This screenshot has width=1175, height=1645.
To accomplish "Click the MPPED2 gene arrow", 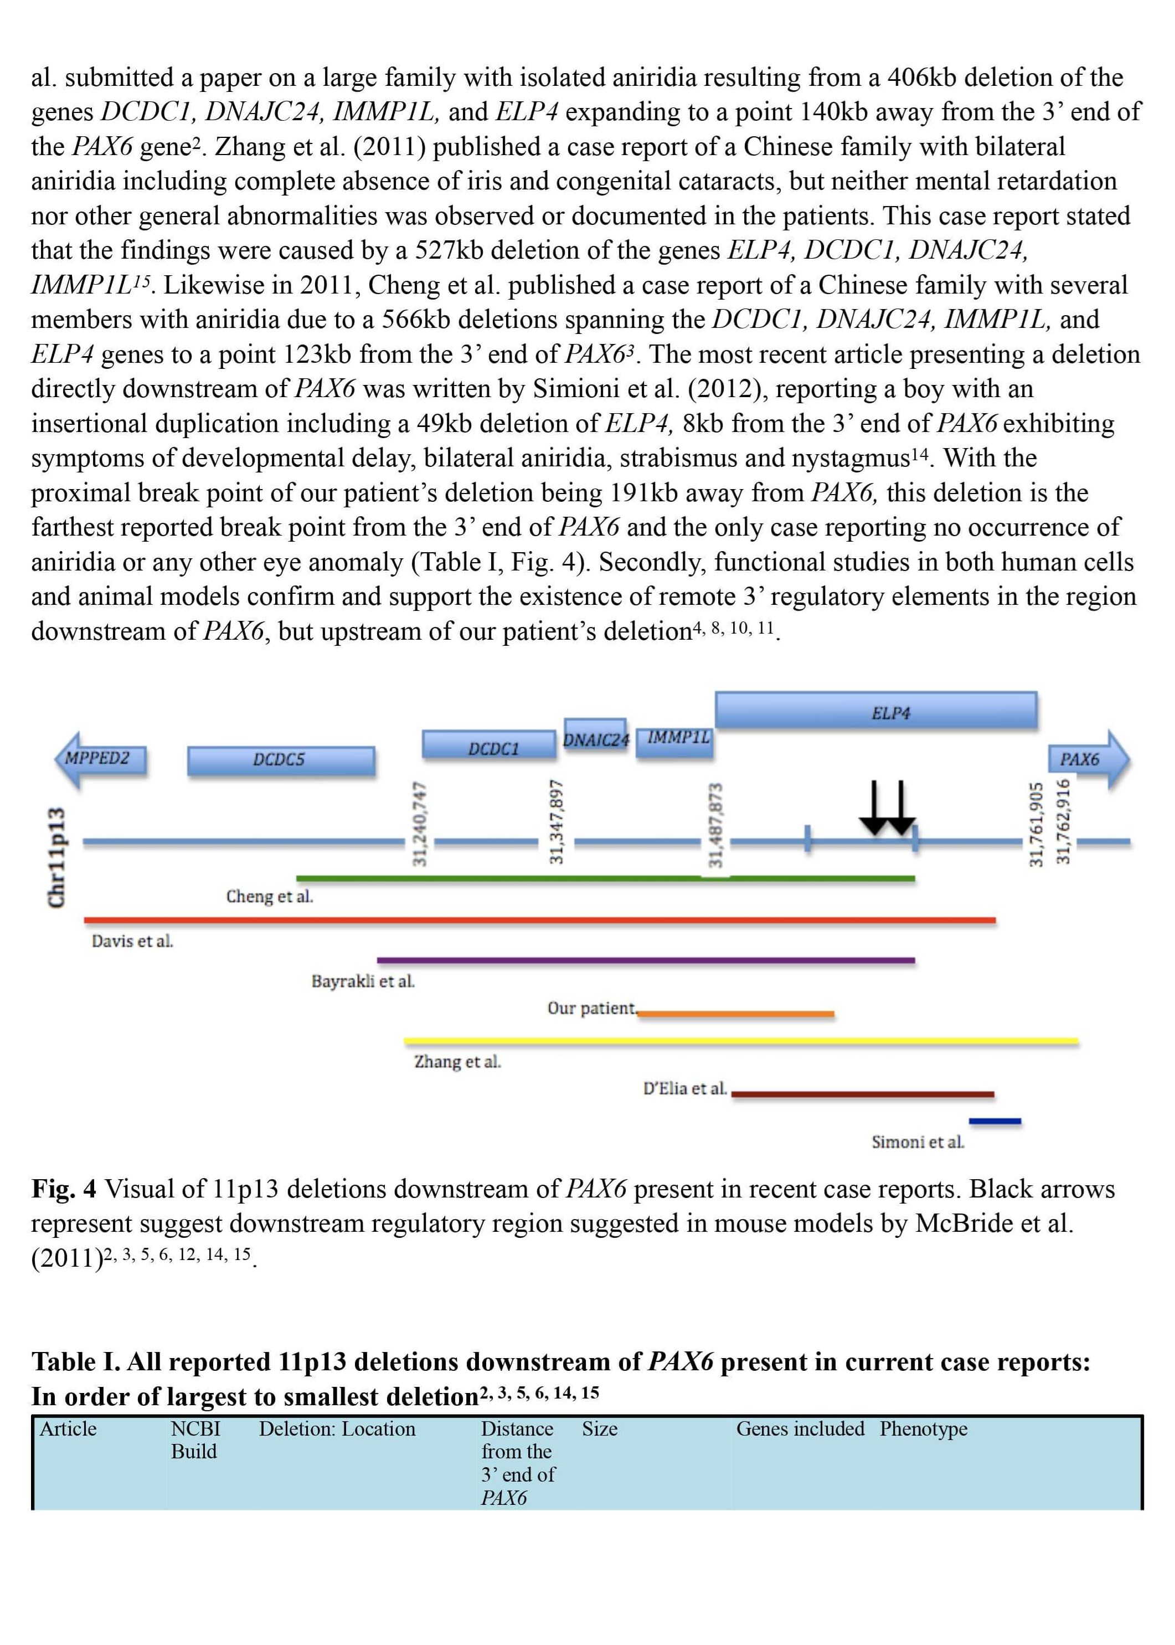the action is [x=101, y=759].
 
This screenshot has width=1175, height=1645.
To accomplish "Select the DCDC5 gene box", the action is [x=281, y=760].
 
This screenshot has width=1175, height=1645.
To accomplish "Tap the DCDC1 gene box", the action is [x=489, y=745].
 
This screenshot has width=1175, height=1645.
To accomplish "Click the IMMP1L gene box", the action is [x=674, y=742].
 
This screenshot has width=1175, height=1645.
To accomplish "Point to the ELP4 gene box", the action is [x=876, y=710].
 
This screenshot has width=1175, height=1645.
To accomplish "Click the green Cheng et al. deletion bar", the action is [x=606, y=878].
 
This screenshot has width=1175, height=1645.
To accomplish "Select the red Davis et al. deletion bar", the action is [x=540, y=921].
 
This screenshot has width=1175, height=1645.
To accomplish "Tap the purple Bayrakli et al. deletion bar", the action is [x=646, y=960].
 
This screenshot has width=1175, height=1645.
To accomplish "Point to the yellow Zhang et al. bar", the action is [x=741, y=1041].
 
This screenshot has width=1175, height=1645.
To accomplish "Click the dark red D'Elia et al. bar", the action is [x=863, y=1094].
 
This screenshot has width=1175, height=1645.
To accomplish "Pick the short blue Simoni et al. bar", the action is [x=995, y=1122].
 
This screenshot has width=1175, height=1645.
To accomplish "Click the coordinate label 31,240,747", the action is [x=419, y=824].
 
